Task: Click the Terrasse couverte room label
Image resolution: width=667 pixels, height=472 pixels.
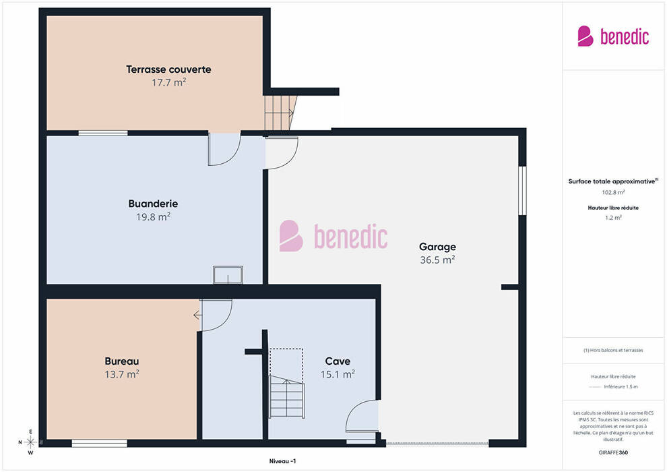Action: (x=168, y=69)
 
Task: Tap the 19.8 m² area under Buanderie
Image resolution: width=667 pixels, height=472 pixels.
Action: (x=153, y=216)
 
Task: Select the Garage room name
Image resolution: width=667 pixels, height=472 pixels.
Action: (x=437, y=247)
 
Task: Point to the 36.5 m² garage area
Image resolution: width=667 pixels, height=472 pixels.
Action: (x=437, y=260)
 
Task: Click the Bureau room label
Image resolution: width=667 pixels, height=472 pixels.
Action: (x=122, y=361)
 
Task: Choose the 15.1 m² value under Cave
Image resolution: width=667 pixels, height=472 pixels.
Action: (x=338, y=374)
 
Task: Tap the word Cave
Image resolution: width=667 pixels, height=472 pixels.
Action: (x=338, y=361)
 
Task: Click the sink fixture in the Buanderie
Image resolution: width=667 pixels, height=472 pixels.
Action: (x=228, y=275)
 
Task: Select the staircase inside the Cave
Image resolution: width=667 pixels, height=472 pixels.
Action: (x=286, y=383)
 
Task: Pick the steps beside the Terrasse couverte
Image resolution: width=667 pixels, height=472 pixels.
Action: (x=280, y=113)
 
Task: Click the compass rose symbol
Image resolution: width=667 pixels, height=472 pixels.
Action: (x=30, y=442)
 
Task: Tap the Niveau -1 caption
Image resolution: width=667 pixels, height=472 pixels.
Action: (x=282, y=461)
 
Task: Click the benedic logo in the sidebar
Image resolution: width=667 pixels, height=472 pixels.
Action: (x=613, y=36)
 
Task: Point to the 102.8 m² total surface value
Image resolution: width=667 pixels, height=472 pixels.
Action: (x=613, y=192)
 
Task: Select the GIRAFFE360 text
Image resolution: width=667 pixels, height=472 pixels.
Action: (x=613, y=452)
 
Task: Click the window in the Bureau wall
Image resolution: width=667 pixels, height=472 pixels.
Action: (x=99, y=444)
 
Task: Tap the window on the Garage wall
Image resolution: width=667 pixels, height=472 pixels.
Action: (x=522, y=191)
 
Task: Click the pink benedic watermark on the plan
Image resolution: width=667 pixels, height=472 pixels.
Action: (x=333, y=236)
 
